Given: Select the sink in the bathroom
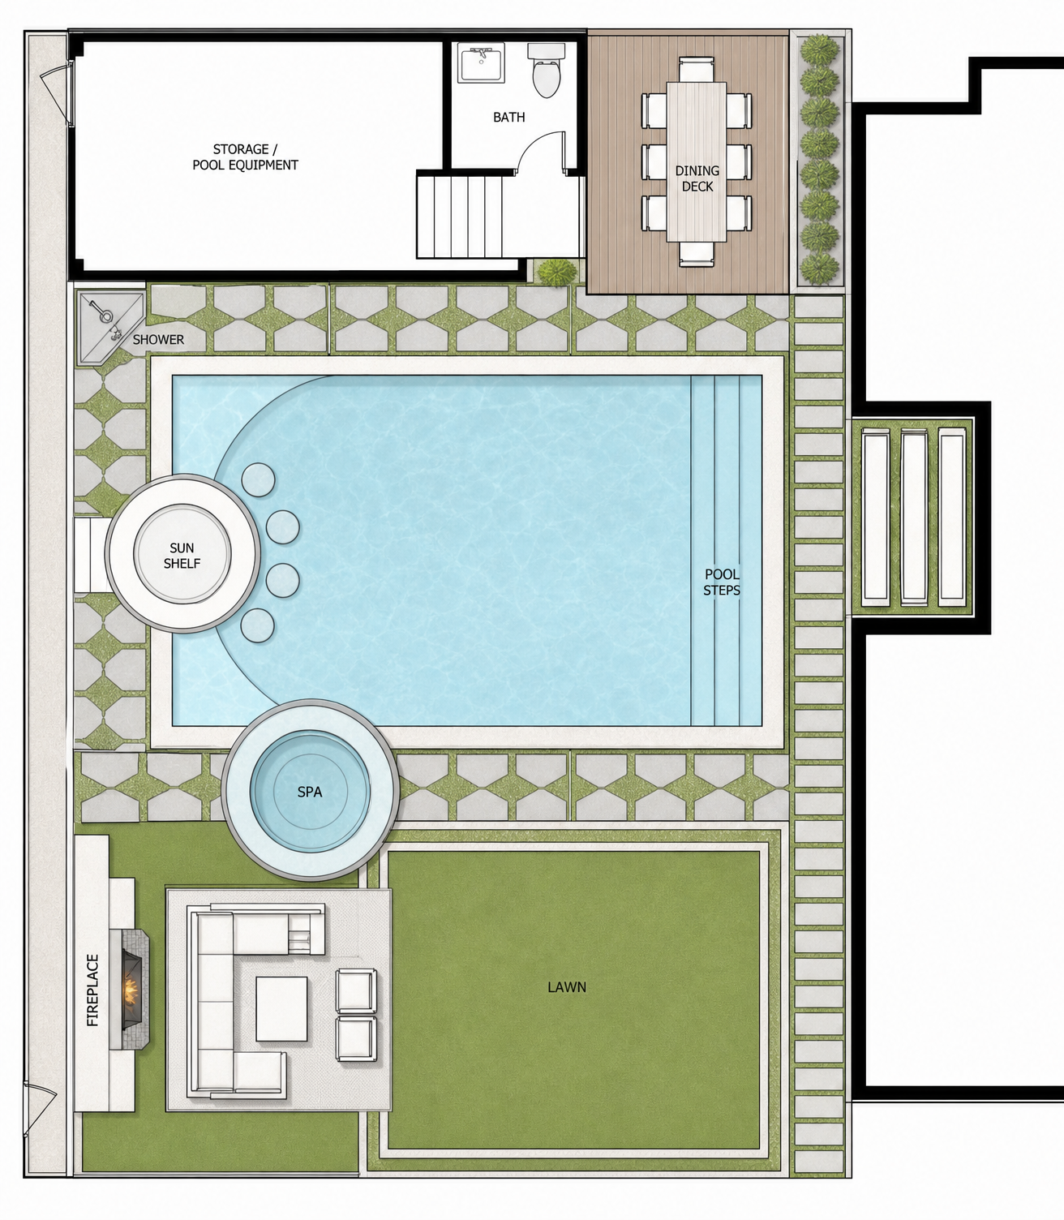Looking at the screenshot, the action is tap(481, 62).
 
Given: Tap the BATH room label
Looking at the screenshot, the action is tap(509, 118).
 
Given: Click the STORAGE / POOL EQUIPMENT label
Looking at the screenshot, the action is tap(245, 157).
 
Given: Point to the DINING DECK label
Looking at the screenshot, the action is tap(697, 178).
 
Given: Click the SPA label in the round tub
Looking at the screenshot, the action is tap(309, 792).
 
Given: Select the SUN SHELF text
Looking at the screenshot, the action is tap(182, 555).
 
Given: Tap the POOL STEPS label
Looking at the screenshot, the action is tap(721, 582).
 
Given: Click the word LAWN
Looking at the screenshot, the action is tap(567, 987).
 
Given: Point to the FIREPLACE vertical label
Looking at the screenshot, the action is tap(93, 990).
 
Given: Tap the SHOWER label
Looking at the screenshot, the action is tap(158, 339).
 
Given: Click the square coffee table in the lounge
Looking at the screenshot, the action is tap(281, 1009).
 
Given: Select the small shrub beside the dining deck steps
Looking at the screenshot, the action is tap(558, 272).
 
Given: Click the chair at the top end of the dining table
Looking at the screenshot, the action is tap(696, 69).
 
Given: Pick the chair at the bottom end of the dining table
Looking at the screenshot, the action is tap(696, 253).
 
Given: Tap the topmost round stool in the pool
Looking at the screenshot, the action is tap(258, 479).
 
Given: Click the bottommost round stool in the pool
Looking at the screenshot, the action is tap(258, 625).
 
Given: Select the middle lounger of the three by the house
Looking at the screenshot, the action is tap(913, 518).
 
